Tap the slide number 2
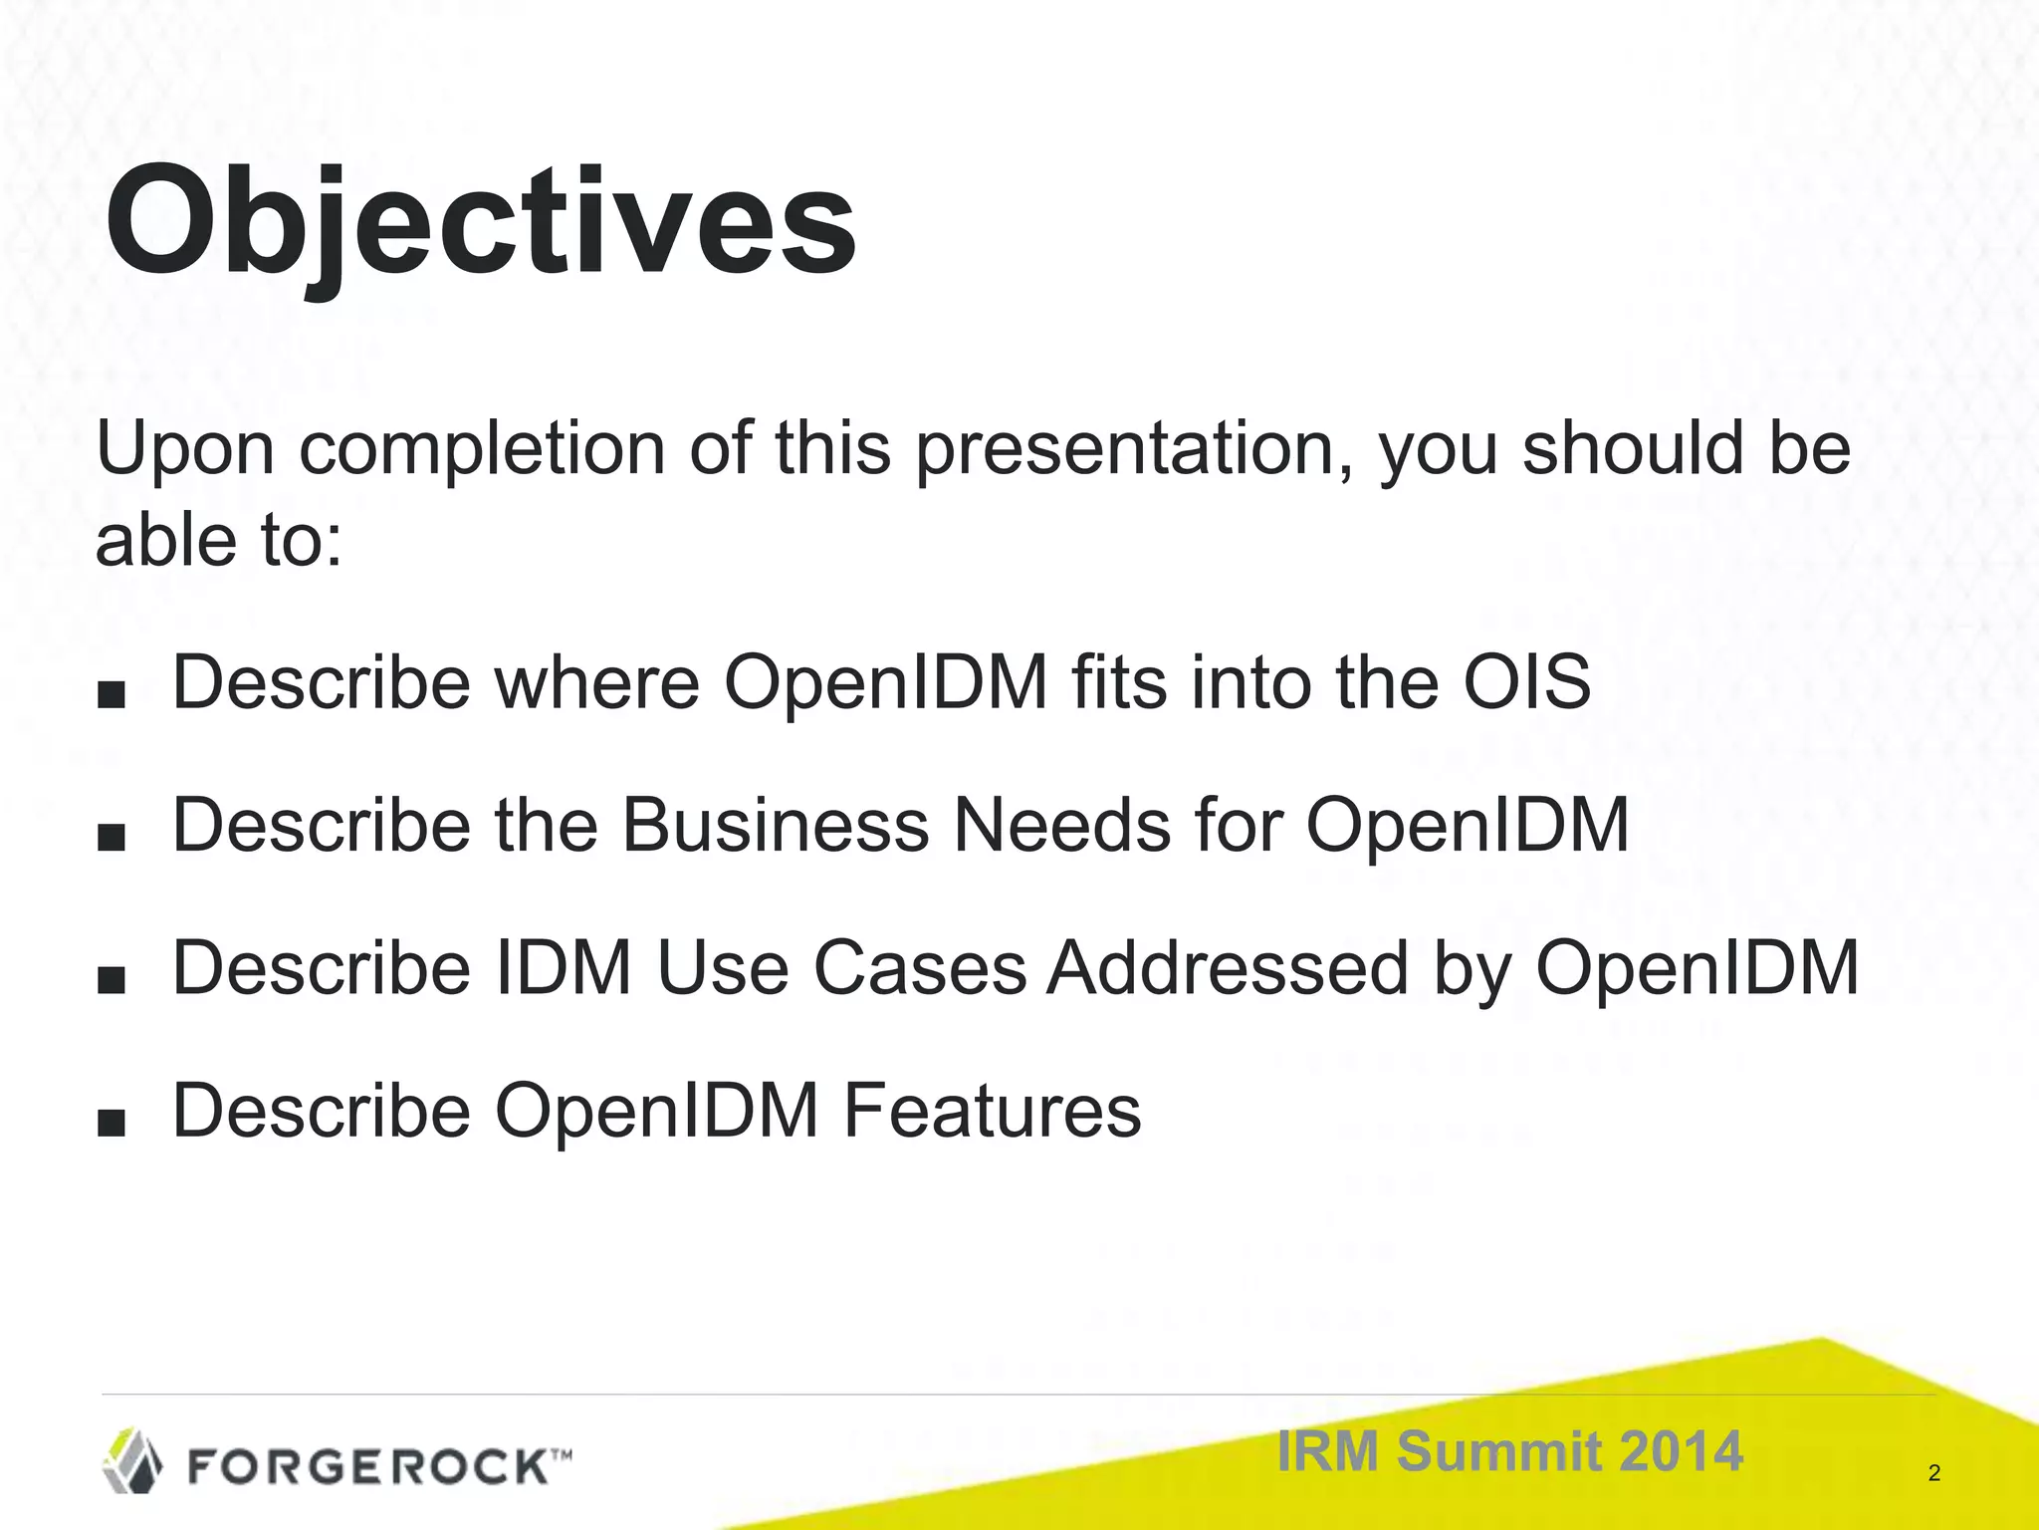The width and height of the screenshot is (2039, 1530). coord(1933,1473)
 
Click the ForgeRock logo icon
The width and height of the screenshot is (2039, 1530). coord(133,1461)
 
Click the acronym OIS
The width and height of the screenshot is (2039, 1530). coord(1526,683)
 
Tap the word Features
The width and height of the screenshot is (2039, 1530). coord(992,1112)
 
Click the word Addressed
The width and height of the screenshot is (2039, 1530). coord(1228,968)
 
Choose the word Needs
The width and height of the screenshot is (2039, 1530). coord(1061,826)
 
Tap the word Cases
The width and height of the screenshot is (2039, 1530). coord(920,968)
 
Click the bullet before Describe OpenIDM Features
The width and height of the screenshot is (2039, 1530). coord(112,1124)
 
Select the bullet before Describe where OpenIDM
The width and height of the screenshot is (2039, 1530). coord(112,695)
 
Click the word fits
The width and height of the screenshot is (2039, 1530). coord(1118,683)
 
